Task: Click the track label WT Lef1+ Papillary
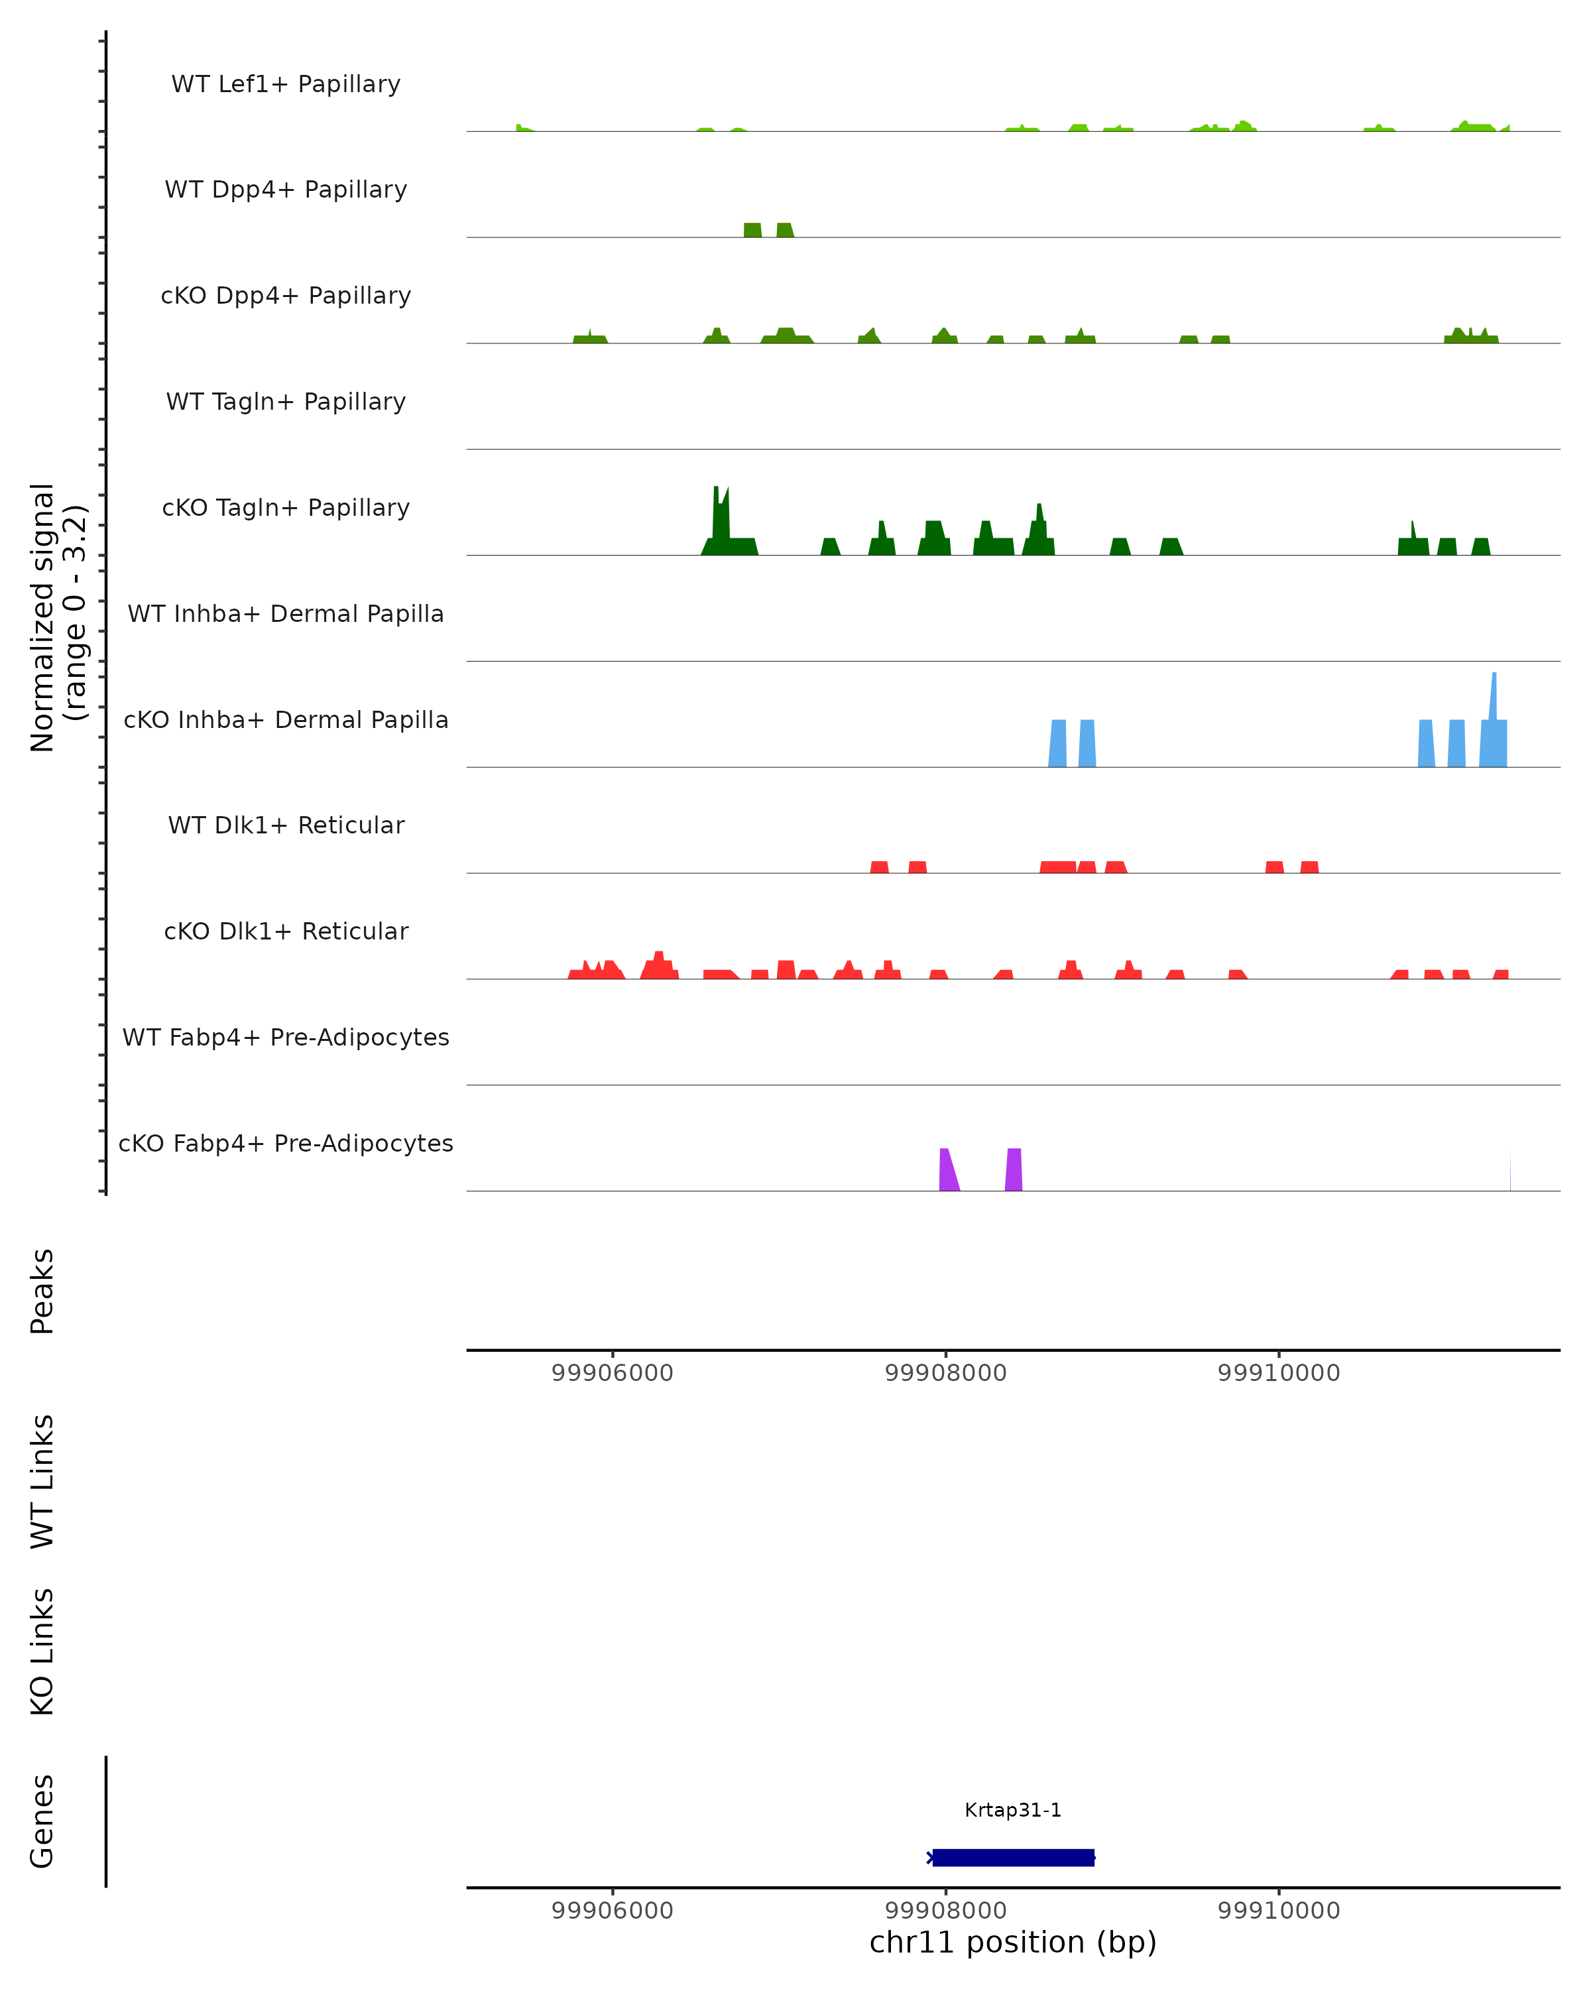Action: (x=286, y=84)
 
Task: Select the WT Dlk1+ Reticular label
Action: (x=286, y=825)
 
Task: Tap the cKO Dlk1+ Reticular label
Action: (x=286, y=931)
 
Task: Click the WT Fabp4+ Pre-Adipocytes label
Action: (x=286, y=1037)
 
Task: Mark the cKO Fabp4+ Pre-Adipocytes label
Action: (x=286, y=1143)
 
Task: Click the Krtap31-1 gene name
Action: (x=1013, y=1809)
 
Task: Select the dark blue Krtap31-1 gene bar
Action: (x=1013, y=1857)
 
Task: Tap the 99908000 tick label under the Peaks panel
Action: (x=945, y=1373)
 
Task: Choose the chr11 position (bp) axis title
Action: (x=1013, y=1942)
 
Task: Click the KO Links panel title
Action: (x=42, y=1652)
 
